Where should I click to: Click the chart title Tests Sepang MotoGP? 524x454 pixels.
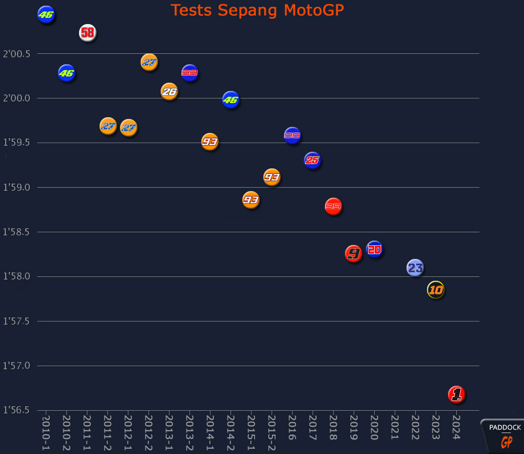click(257, 10)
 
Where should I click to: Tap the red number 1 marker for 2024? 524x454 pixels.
click(456, 395)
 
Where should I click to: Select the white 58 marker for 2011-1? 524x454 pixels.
click(87, 33)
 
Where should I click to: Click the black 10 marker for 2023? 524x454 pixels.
click(436, 290)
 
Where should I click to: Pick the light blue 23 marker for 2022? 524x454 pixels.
click(415, 268)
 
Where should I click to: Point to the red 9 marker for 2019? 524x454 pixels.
click(354, 254)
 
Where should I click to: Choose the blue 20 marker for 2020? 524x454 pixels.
click(374, 249)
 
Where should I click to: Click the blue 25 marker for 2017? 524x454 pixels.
click(312, 161)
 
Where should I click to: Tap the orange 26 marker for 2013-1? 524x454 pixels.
click(169, 91)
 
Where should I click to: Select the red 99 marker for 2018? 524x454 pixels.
click(333, 206)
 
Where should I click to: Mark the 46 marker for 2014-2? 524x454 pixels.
click(231, 100)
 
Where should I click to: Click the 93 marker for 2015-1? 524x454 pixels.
click(251, 200)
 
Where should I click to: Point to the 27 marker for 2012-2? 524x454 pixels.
click(149, 62)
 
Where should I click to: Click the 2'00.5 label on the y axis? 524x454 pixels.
click(17, 54)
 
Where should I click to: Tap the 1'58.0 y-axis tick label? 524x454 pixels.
click(17, 276)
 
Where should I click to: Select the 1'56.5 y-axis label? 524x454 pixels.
click(17, 410)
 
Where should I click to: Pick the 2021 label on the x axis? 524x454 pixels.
click(395, 427)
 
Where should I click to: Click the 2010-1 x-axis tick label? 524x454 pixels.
click(46, 433)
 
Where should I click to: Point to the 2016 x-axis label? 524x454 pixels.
click(292, 427)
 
